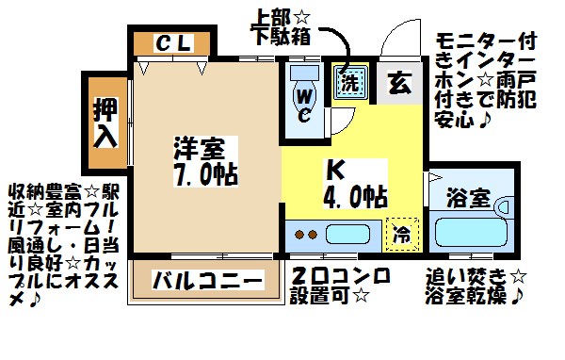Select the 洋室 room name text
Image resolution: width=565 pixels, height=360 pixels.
pyautogui.click(x=202, y=149)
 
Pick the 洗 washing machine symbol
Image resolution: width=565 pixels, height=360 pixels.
pyautogui.click(x=348, y=81)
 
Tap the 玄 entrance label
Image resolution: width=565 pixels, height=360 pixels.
pyautogui.click(x=398, y=81)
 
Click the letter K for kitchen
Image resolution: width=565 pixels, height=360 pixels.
pyautogui.click(x=335, y=172)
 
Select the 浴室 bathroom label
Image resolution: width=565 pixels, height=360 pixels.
pyautogui.click(x=468, y=199)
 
